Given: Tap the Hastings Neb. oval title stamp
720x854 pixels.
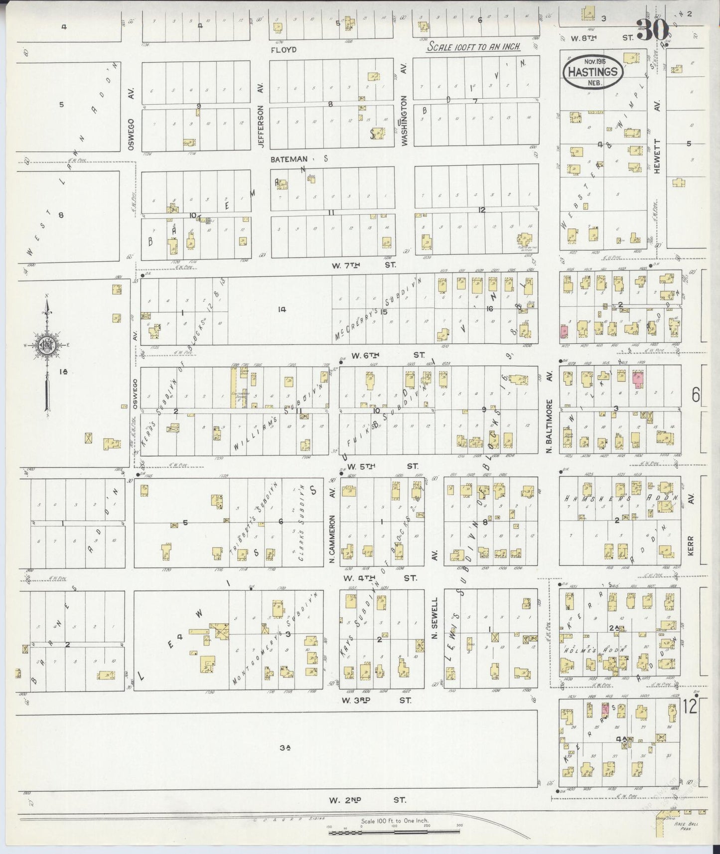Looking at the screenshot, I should (x=593, y=72).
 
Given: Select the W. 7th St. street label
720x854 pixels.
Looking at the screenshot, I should (x=364, y=265).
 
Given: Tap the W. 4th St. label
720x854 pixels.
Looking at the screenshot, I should (x=379, y=578).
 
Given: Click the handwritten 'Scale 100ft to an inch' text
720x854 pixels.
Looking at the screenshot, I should (x=474, y=46).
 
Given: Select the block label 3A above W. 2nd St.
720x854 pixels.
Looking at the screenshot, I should (x=285, y=747).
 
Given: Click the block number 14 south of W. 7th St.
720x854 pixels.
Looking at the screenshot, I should (x=282, y=309).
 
